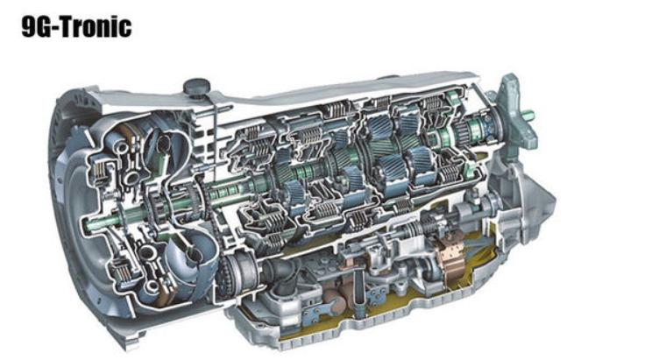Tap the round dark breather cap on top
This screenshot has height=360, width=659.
196,88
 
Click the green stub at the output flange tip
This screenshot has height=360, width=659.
528,113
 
